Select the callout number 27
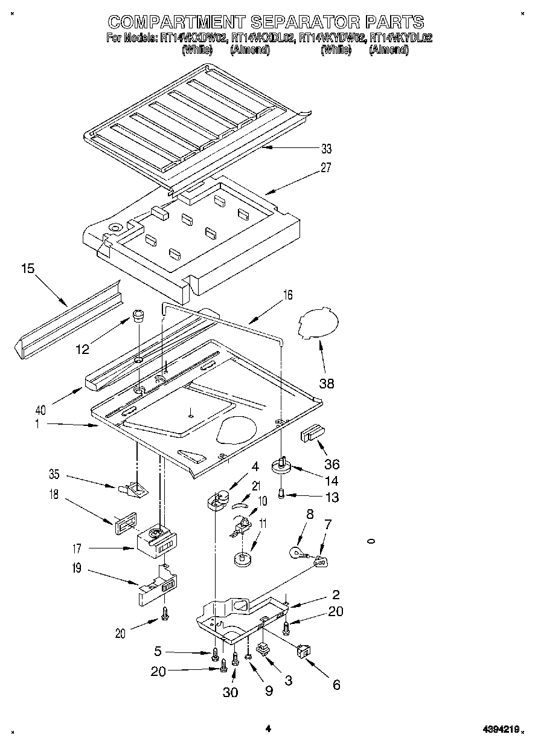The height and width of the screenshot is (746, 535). pos(326,168)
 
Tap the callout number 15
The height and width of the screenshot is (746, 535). pos(27,268)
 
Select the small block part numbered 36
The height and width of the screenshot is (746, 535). pos(313,434)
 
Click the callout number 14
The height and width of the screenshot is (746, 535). pos(330,481)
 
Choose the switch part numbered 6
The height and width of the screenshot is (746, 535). pos(303,651)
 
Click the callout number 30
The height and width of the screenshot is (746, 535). pos(230,692)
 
